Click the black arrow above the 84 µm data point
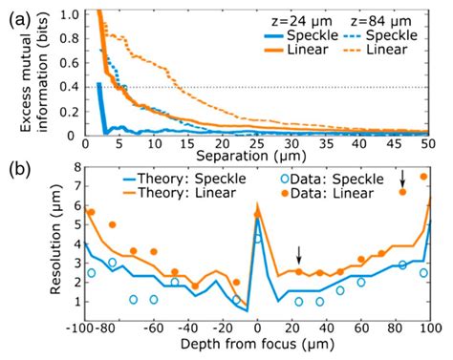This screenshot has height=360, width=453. click(402, 178)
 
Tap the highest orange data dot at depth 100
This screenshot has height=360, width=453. click(423, 177)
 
